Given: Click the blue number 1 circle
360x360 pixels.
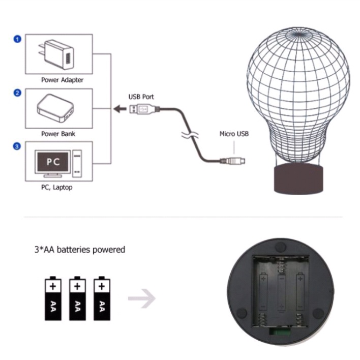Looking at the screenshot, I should [18, 39].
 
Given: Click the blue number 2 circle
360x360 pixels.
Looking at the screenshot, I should [18, 93].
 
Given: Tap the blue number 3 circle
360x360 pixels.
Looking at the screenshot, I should [18, 146].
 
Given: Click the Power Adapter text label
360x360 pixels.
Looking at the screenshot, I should [63, 80].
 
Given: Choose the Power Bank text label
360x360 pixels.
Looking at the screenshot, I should [58, 134].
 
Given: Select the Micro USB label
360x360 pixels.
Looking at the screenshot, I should [234, 134].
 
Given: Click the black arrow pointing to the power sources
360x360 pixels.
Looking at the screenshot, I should [119, 108].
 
